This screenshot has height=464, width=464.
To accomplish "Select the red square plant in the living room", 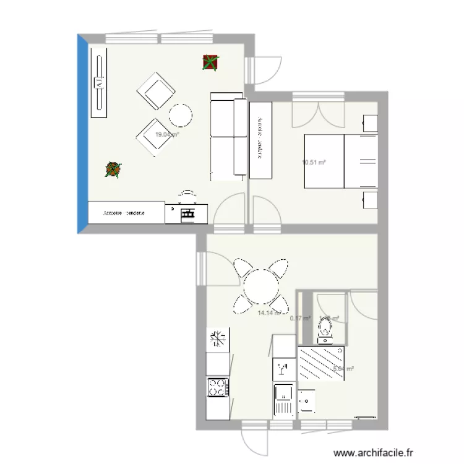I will pos(210,62).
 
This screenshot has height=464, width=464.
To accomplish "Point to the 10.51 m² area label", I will pos(314,163).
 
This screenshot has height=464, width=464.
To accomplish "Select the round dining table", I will pos(261,286).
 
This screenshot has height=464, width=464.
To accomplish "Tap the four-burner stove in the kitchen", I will pos(217,387).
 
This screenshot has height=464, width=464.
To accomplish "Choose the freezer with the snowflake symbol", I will pos(217,340).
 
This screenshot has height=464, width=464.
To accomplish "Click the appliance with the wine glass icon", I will pos(283,369).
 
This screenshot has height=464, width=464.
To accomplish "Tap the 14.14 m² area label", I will pos(270,313).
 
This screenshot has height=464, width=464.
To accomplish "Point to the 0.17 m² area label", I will pos(300,319).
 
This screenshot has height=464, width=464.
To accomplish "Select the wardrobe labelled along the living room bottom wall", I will pos(126,213).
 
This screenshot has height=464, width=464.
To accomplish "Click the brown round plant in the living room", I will pos(113,169).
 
